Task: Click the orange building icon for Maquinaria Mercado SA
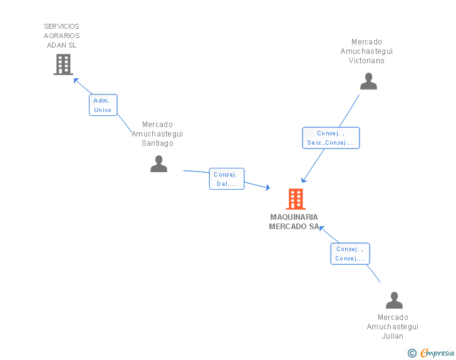point(296,199)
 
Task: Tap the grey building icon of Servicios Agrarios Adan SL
point(63,64)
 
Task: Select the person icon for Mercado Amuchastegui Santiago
point(159,163)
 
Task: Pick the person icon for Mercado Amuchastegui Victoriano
point(368,81)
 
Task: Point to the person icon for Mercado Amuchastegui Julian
point(394,300)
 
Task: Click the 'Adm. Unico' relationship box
point(103,105)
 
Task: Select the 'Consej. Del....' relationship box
point(227,179)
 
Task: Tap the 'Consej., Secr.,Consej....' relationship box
point(331,138)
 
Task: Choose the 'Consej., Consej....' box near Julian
point(350,254)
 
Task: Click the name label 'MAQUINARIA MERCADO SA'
point(294,222)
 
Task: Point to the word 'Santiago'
point(157,143)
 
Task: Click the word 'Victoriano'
point(366,61)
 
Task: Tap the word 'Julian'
point(392,336)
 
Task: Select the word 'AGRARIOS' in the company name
point(61,36)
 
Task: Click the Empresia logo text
point(437,352)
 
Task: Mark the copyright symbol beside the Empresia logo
point(412,353)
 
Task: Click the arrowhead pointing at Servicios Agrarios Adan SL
point(76,81)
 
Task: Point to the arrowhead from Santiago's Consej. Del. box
point(267,188)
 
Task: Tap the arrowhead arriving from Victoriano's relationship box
point(303,180)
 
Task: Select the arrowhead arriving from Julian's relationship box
point(322,228)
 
